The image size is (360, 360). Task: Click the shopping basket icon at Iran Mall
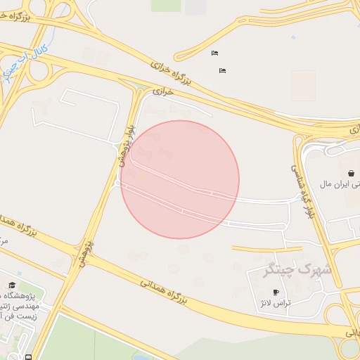(351, 173)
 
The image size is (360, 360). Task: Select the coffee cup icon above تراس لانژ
(276, 292)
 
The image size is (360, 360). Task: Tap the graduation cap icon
(11, 285)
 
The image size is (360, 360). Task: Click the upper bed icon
(214, 53)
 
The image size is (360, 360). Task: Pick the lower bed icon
(223, 70)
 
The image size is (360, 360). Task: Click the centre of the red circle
(180, 179)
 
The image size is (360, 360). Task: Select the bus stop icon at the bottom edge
(27, 356)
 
